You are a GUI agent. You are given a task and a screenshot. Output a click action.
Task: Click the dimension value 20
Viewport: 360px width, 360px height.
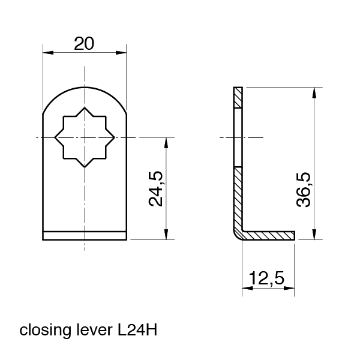coord(85,43)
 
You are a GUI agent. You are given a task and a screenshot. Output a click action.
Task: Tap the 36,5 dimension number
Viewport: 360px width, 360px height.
coord(304,189)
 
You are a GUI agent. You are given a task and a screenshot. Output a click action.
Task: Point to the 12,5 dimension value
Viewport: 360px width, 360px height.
coord(267,280)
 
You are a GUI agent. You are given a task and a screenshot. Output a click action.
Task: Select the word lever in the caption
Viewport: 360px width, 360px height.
coord(91,331)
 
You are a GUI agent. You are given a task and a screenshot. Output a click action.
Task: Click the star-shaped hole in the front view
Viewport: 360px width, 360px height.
coord(85,138)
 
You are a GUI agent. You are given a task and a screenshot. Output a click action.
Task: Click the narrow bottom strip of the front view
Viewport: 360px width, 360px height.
coord(85,236)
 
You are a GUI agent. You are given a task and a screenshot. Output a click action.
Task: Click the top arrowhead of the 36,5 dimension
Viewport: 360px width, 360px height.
coord(314,91)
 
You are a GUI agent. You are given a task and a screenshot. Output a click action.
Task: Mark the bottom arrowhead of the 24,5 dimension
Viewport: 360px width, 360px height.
coord(165,236)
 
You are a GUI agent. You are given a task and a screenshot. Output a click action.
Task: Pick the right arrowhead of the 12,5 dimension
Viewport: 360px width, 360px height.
coord(292,289)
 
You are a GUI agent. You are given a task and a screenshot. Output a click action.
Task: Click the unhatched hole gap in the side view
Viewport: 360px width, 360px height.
coord(237,137)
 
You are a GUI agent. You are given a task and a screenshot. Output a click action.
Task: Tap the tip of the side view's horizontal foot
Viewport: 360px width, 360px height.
coord(295,233)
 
